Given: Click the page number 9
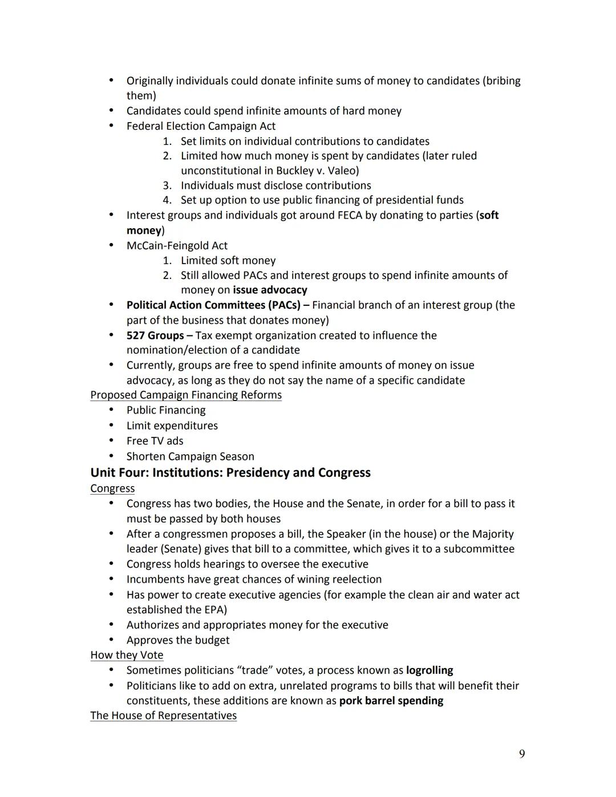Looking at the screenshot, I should click(x=521, y=754).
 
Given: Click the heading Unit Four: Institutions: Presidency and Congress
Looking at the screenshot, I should click(x=230, y=472).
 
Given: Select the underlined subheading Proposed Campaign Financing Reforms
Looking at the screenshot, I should click(x=186, y=395).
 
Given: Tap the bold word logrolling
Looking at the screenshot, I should click(x=429, y=670).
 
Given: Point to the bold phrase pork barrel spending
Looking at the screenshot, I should click(x=391, y=701).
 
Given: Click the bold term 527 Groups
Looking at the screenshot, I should click(x=155, y=335).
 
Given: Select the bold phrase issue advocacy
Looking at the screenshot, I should click(x=270, y=290).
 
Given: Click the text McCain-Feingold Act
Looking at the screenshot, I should click(x=177, y=245).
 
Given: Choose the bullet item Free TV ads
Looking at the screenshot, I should click(x=155, y=440).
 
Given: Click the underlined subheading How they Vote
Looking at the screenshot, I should click(x=127, y=655).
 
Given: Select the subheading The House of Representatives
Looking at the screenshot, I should click(x=163, y=715).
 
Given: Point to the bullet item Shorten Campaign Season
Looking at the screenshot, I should click(x=190, y=456).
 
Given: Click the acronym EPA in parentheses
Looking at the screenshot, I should click(x=213, y=609).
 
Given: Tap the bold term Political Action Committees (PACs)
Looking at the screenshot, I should click(x=213, y=305).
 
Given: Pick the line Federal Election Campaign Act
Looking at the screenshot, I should click(x=201, y=126).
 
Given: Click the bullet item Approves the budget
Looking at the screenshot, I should click(x=177, y=640).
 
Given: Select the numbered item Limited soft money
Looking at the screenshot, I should click(x=228, y=260).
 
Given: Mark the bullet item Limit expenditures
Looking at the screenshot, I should click(x=172, y=426).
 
